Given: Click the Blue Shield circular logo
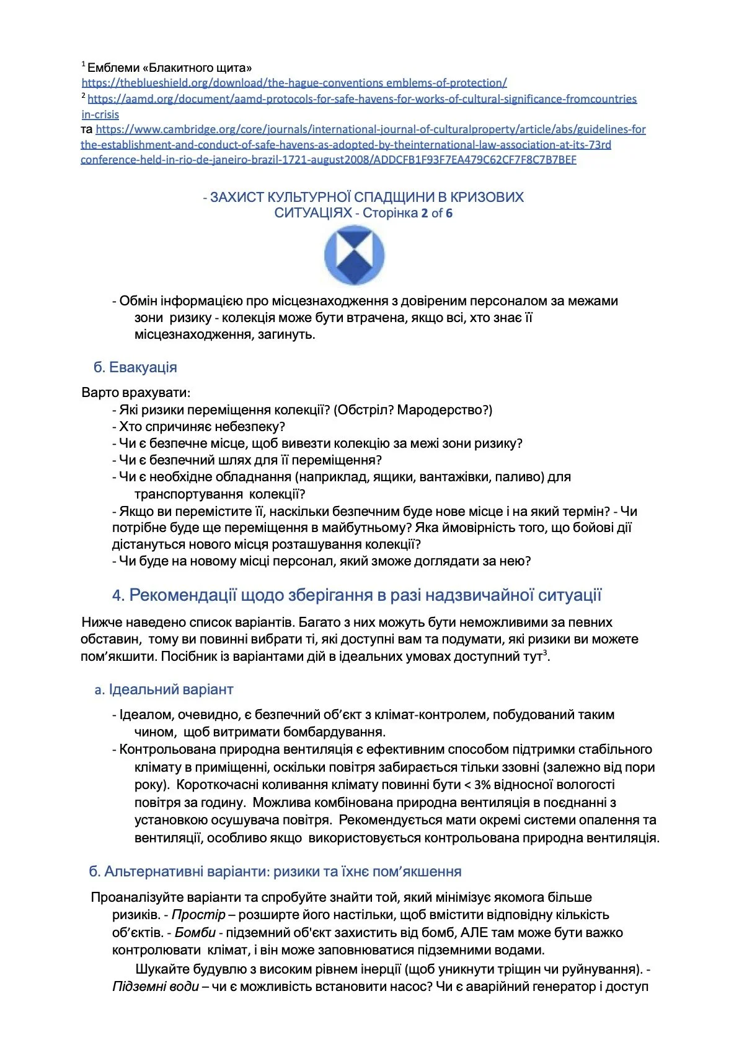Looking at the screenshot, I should point(354,255).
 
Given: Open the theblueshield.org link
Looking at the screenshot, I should point(294,83).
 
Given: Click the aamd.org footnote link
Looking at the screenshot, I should point(361,99).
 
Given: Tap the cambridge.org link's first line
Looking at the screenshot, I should point(370,129).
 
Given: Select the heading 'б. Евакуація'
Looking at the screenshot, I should point(135,367).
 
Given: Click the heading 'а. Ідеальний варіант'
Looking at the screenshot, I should point(164,689).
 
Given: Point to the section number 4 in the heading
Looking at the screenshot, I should point(118,595).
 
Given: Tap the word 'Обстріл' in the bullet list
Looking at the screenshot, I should point(362,410).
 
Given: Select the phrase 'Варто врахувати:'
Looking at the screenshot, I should point(136,393).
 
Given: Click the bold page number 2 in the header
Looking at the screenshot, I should point(425,213).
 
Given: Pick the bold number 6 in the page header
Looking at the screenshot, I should point(449,213).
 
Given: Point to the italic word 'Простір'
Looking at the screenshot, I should point(198,915).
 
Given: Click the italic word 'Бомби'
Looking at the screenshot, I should point(195,932).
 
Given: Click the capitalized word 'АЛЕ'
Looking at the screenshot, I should point(475,932).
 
